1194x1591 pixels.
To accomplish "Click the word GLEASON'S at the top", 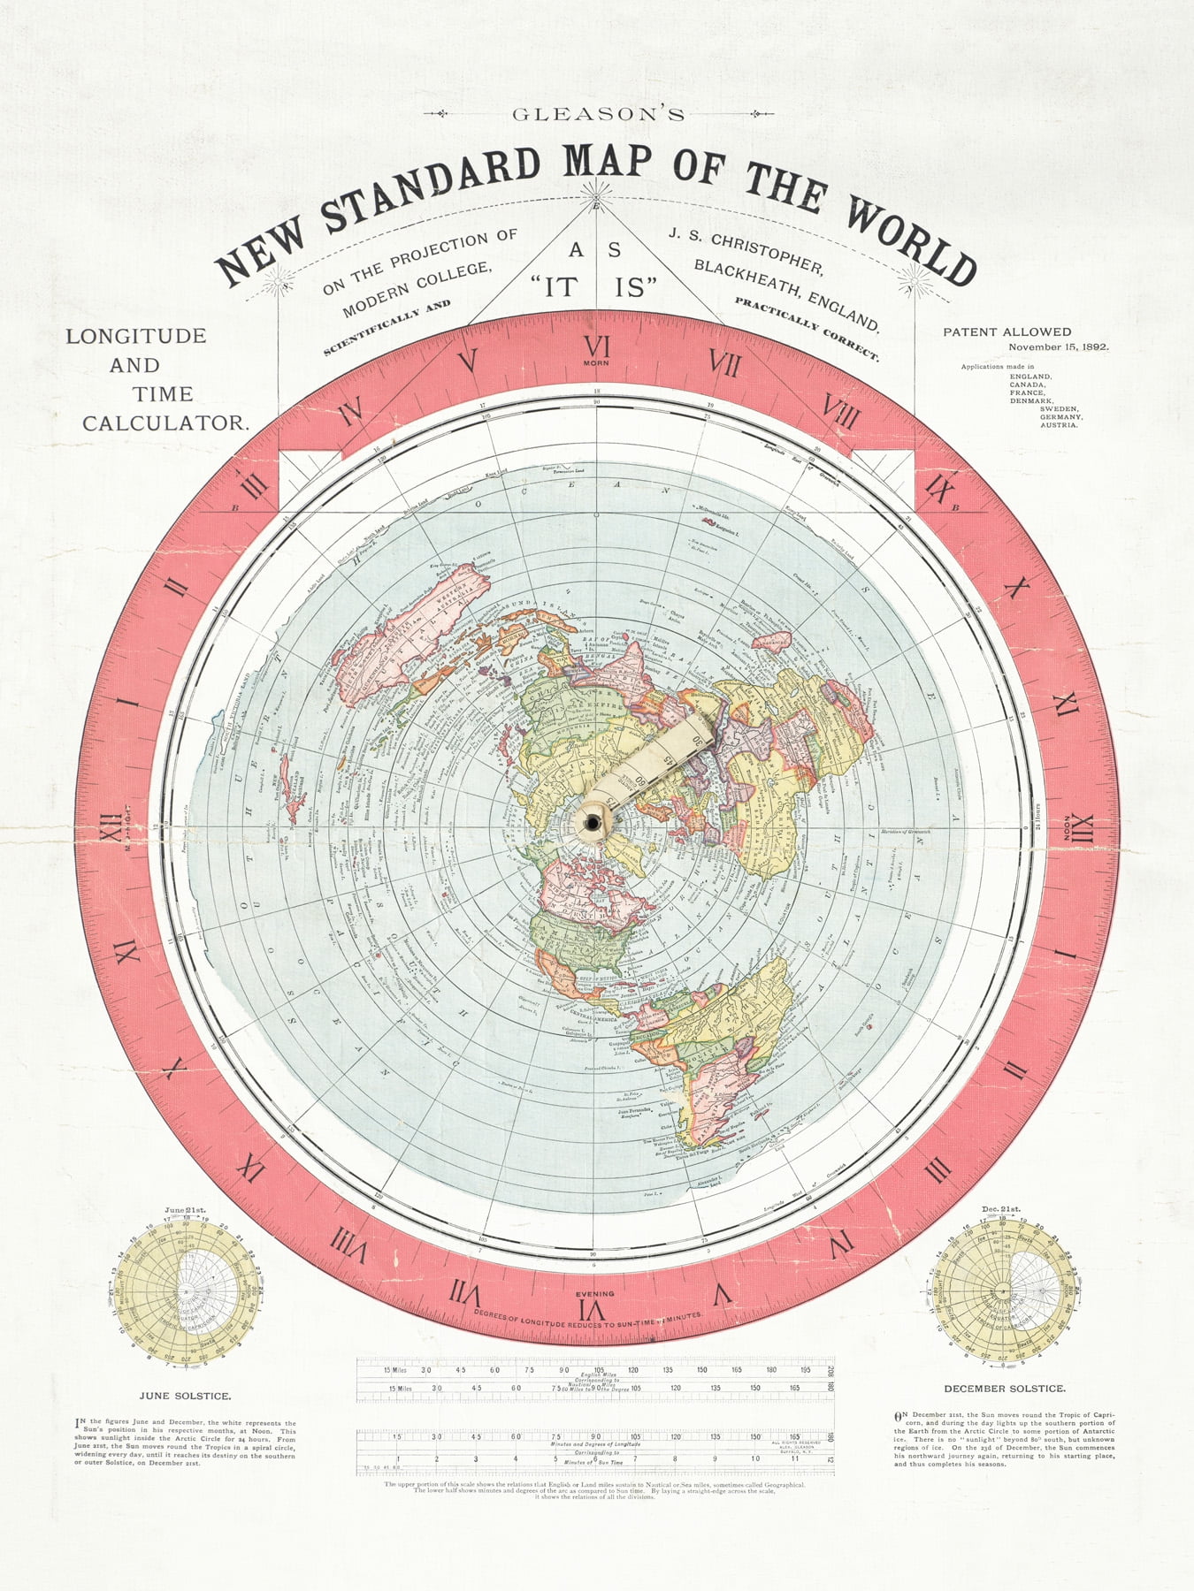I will click(x=598, y=114).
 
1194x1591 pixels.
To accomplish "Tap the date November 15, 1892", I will click(x=1058, y=347).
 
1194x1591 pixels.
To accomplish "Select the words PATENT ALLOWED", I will click(x=1006, y=332).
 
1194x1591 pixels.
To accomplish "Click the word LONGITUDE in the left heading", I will click(x=136, y=336).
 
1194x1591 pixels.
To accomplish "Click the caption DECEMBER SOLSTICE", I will click(x=1004, y=1389).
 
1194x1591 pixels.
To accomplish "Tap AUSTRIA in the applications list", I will click(x=1059, y=425).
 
